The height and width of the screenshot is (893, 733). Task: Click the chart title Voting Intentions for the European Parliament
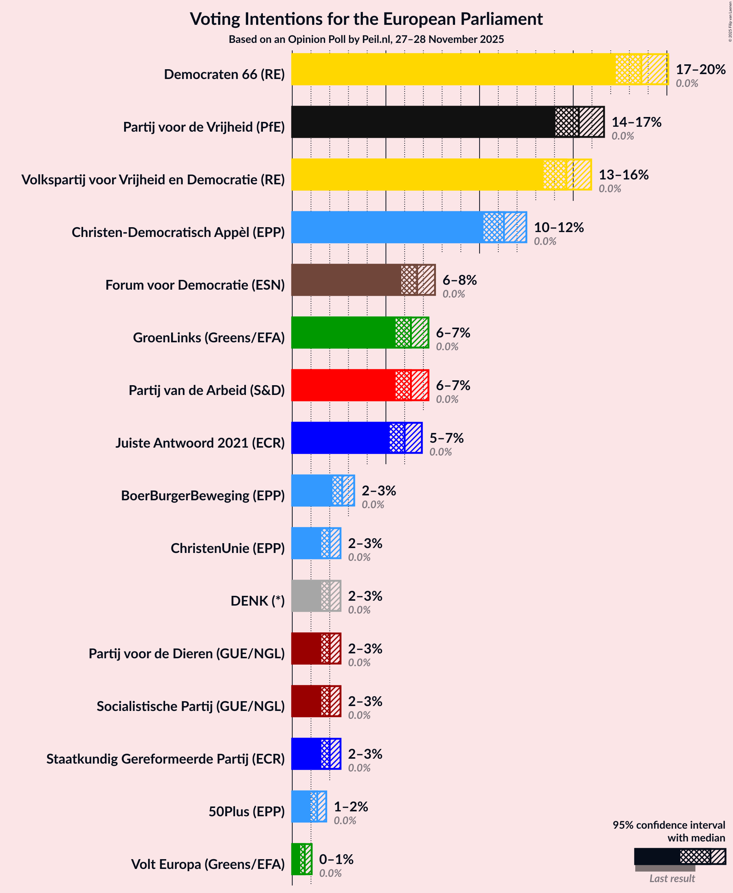click(x=366, y=19)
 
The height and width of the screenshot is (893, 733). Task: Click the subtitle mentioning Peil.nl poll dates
click(x=366, y=39)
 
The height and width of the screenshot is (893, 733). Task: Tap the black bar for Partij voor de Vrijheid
click(x=423, y=122)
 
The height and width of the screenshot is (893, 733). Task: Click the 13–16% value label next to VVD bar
click(x=623, y=175)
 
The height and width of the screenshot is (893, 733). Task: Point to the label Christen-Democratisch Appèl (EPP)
click(x=178, y=232)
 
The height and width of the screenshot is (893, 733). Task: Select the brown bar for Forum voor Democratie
click(x=346, y=280)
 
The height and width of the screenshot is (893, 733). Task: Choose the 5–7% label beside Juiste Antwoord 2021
click(x=446, y=438)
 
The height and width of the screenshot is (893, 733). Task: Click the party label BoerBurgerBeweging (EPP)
click(x=203, y=495)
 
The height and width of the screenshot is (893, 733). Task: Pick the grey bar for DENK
click(x=306, y=596)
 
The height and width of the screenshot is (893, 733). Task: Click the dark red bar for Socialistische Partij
click(x=306, y=701)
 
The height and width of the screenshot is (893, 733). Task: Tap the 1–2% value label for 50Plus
click(x=351, y=806)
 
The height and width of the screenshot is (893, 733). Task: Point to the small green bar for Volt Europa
click(x=297, y=859)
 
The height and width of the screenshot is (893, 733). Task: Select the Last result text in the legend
click(x=672, y=878)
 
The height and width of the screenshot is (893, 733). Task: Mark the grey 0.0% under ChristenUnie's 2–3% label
click(x=359, y=557)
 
